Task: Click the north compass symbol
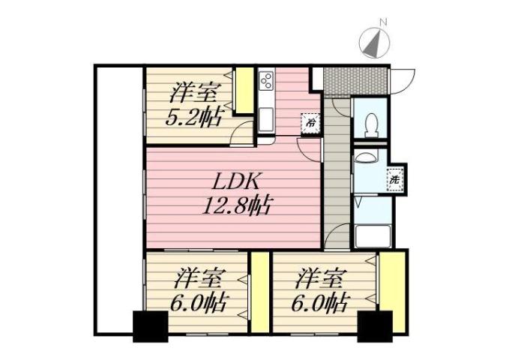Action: (x=373, y=44)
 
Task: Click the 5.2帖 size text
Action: (x=193, y=118)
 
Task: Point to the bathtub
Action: (x=372, y=236)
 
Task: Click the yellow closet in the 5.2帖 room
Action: (x=244, y=91)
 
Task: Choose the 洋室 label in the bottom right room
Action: (x=319, y=280)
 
